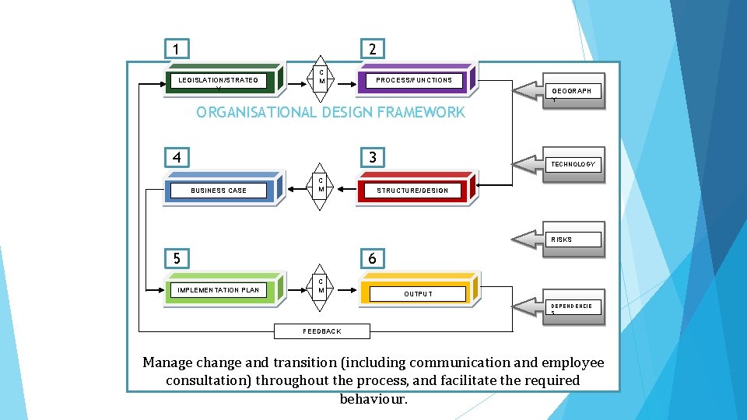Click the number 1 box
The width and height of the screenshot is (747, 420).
coord(177,49)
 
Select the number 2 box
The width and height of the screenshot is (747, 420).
coord(373,49)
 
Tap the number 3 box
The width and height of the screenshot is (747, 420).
coord(373,158)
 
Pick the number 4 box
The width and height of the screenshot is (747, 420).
coord(177,158)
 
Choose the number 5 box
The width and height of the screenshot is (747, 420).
coord(177,258)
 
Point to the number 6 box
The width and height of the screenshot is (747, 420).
coord(373,258)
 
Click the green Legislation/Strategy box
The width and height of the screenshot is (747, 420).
coord(217,80)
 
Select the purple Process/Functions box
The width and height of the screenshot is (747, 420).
coord(414,80)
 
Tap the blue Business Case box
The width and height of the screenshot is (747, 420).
coord(219,191)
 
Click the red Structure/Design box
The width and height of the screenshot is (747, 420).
coord(412,191)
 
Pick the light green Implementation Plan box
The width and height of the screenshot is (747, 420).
coord(218,290)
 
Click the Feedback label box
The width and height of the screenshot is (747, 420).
coord(322,331)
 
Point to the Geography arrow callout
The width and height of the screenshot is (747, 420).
coord(559,92)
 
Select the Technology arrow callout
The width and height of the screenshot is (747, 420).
coord(559,164)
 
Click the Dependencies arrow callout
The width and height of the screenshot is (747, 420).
coord(559,307)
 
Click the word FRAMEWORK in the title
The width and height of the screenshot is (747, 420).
coord(419,112)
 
